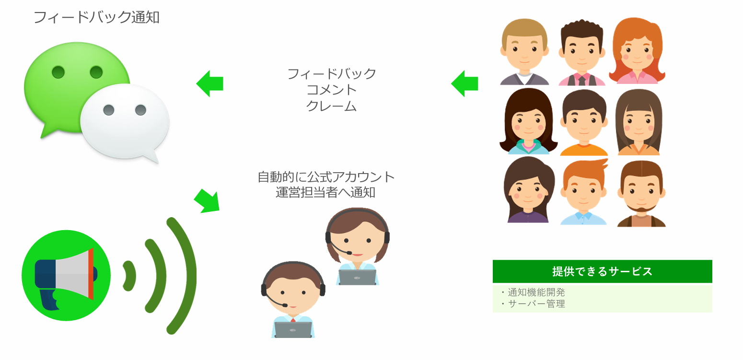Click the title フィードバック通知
pyautogui.click(x=96, y=18)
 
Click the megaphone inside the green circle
pyautogui.click(x=65, y=276)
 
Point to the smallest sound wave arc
pyautogui.click(x=129, y=276)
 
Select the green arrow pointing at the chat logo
pyautogui.click(x=210, y=83)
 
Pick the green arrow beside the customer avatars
pyautogui.click(x=464, y=83)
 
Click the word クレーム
pyautogui.click(x=331, y=106)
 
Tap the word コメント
pyautogui.click(x=331, y=90)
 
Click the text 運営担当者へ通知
pyautogui.click(x=325, y=193)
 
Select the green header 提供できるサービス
pyautogui.click(x=602, y=271)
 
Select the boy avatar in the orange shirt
pyautogui.click(x=584, y=123)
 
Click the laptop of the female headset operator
pyautogui.click(x=357, y=278)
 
